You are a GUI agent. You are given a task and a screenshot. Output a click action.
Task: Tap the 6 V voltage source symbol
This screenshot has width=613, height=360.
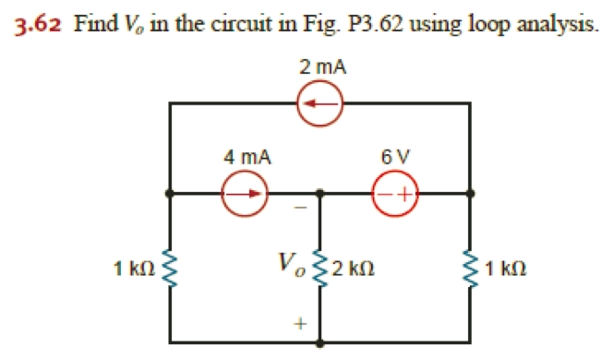(x=395, y=194)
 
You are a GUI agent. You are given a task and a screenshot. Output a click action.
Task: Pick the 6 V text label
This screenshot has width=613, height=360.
(x=396, y=158)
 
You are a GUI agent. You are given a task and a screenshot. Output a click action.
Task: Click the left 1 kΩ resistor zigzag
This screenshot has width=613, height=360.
(x=170, y=270)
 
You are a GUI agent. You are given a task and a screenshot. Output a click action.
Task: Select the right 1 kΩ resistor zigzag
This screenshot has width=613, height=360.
(x=472, y=270)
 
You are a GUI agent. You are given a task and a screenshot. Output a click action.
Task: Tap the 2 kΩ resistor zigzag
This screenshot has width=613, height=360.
(x=320, y=270)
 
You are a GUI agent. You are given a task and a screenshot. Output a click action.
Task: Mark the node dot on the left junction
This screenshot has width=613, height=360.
(x=170, y=194)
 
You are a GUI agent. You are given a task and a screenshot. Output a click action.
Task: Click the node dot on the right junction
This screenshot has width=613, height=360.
(x=472, y=194)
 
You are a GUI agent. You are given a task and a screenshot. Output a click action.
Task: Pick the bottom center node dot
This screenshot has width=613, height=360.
(x=320, y=343)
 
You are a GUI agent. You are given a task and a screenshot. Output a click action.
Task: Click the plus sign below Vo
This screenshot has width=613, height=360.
(x=298, y=324)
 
